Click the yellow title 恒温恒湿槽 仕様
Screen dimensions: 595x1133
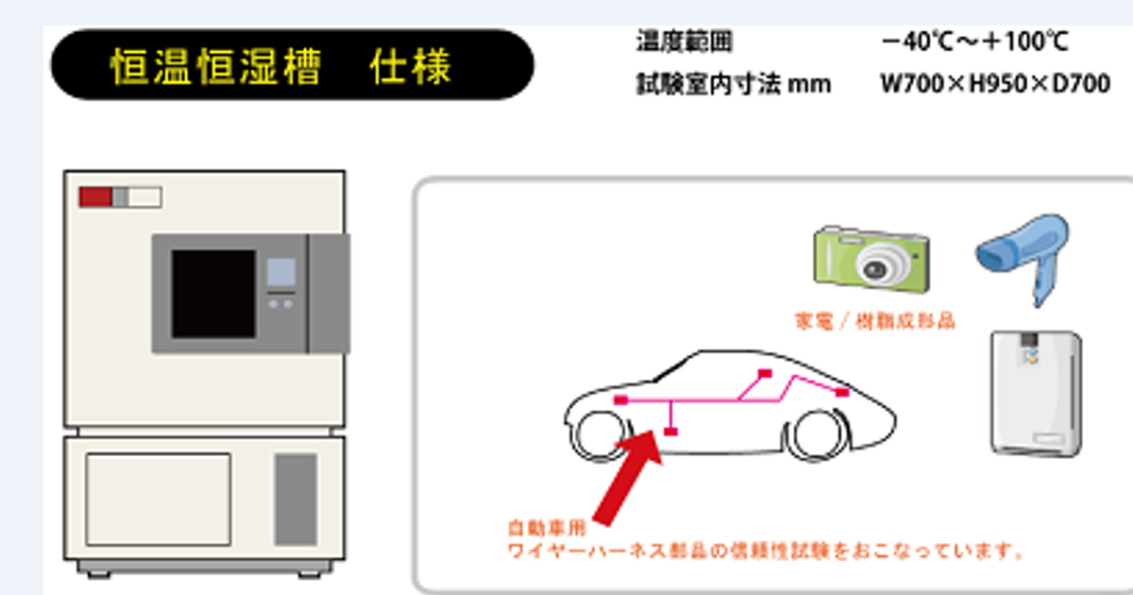pos(280,67)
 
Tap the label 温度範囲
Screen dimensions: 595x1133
pos(685,42)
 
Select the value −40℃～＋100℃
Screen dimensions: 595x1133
pos(973,42)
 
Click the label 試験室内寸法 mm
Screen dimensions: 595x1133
pos(734,84)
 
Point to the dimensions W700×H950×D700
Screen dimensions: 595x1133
pos(994,84)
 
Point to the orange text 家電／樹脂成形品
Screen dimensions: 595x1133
pos(874,321)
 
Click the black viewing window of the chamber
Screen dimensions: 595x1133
pos(213,294)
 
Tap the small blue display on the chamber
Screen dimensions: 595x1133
pos(280,273)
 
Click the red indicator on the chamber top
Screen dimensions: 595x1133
pos(95,196)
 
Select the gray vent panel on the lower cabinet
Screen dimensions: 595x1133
pos(296,498)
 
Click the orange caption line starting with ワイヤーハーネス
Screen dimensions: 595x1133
pos(766,550)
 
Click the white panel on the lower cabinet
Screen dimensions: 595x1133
pos(158,498)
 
